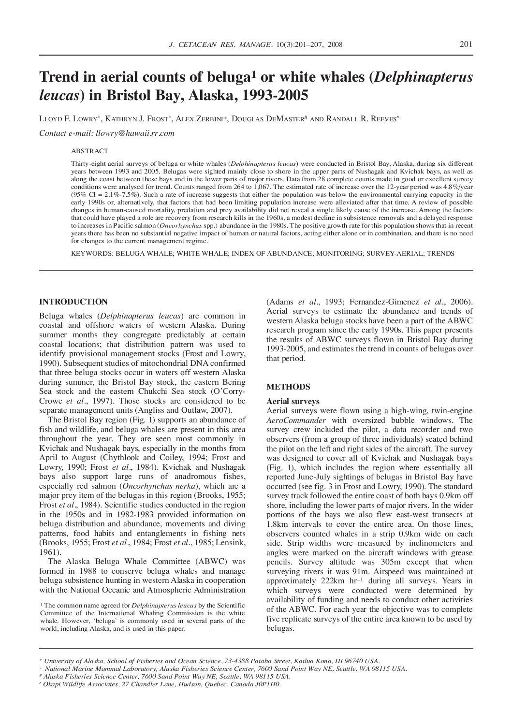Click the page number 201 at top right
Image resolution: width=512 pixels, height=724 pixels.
pyautogui.click(x=466, y=45)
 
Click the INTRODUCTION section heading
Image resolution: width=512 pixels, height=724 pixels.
pyautogui.click(x=73, y=302)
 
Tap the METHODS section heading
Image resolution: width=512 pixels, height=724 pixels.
pyautogui.click(x=288, y=387)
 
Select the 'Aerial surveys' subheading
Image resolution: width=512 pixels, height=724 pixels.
pyautogui.click(x=293, y=401)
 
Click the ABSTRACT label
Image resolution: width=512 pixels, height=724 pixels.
pyautogui.click(x=89, y=151)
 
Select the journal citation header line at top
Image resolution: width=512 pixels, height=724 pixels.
pyautogui.click(x=256, y=45)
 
